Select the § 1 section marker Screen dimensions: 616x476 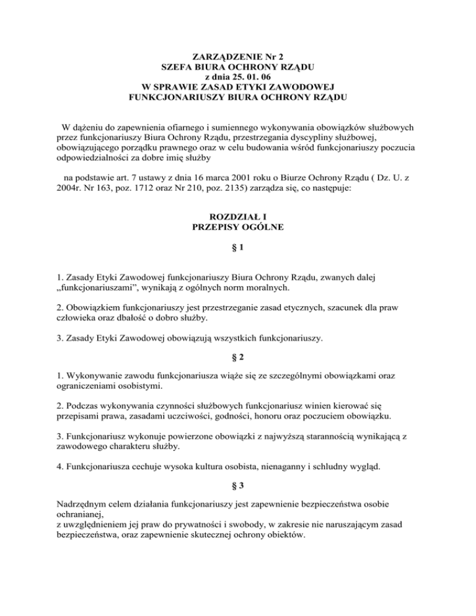coord(238,249)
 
